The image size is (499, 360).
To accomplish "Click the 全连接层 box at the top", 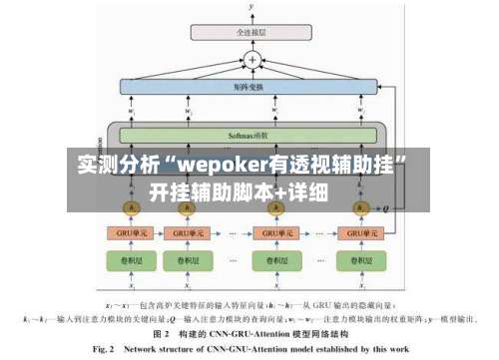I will click(x=250, y=33).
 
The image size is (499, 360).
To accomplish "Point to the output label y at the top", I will click(x=251, y=7).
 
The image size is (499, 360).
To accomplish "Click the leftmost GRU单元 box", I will click(x=129, y=232).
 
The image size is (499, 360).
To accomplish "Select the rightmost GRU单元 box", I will click(x=359, y=232).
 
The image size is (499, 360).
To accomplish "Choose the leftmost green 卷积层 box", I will click(x=129, y=260).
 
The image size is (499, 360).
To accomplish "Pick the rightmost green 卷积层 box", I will click(x=359, y=260).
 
